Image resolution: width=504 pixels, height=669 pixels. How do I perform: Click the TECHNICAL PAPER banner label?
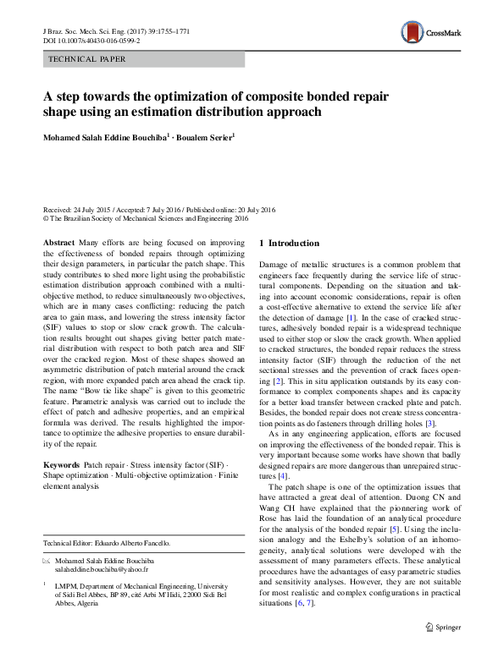pyautogui.click(x=88, y=59)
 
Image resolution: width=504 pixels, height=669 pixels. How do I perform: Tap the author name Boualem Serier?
pyautogui.click(x=208, y=135)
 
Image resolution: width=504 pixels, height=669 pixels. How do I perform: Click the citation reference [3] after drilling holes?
pyautogui.click(x=430, y=422)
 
